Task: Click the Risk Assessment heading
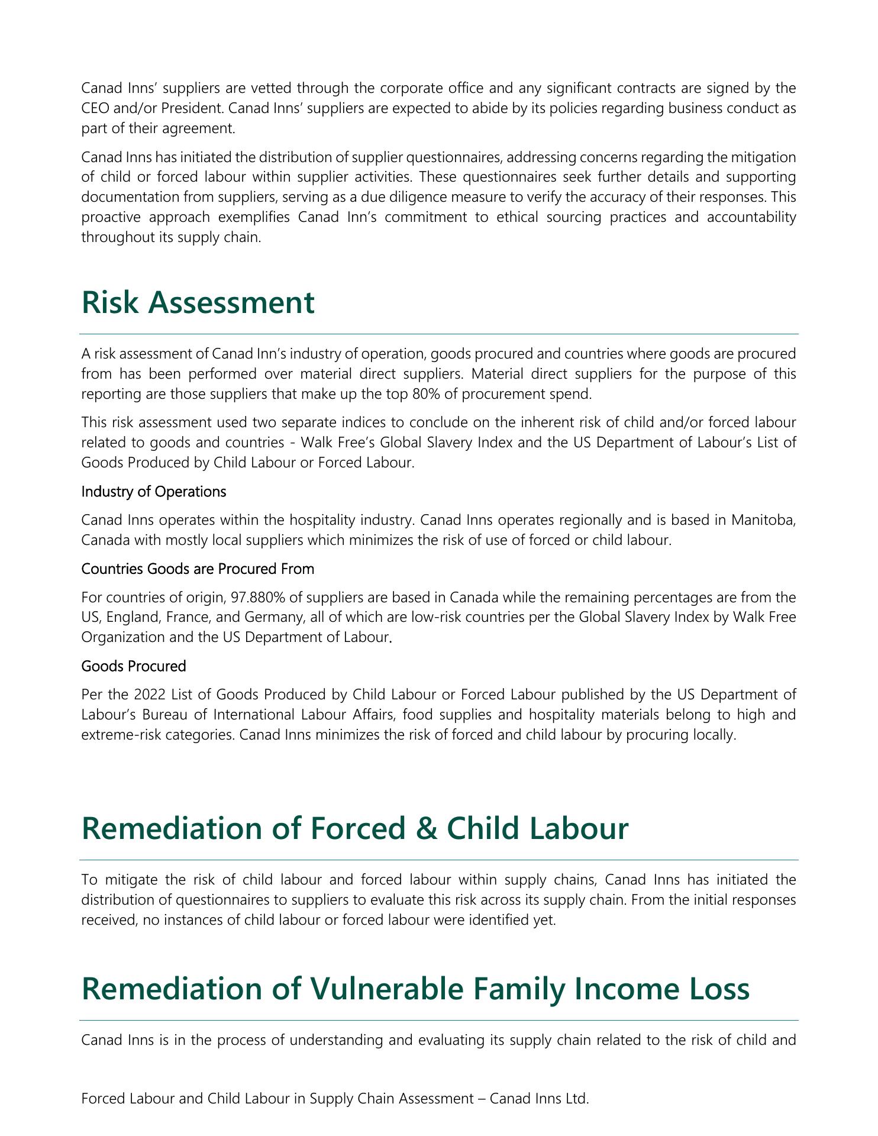click(198, 302)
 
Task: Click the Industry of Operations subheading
click(153, 492)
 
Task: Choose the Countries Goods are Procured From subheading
click(198, 569)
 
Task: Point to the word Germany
click(259, 618)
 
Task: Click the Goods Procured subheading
click(134, 666)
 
